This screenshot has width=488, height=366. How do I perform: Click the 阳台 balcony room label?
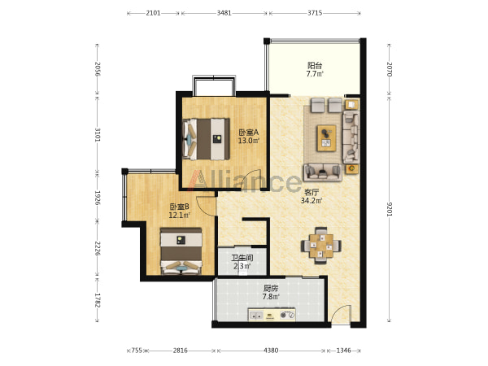(x=315, y=66)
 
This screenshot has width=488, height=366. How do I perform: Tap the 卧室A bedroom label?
(x=248, y=133)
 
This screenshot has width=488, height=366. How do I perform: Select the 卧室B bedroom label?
(x=179, y=207)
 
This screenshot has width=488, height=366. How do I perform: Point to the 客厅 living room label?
(x=312, y=192)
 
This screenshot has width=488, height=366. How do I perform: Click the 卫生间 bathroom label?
(x=242, y=258)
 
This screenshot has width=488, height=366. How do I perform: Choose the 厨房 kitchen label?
(x=271, y=289)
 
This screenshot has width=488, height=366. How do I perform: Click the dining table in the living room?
(x=321, y=246)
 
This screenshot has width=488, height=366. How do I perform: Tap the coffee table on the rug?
(x=326, y=138)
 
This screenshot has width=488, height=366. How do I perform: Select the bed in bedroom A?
(x=206, y=139)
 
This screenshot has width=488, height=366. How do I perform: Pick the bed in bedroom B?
(x=181, y=251)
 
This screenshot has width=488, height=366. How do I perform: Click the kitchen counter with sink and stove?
(x=272, y=314)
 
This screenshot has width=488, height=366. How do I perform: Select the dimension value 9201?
(x=390, y=209)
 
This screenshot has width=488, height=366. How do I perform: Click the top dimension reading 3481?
(x=224, y=13)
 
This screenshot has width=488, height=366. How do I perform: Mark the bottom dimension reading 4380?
(x=271, y=351)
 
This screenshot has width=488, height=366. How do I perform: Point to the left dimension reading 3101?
(x=98, y=134)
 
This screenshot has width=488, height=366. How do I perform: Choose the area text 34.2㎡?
(x=312, y=201)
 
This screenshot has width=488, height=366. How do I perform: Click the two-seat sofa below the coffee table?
(x=322, y=172)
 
